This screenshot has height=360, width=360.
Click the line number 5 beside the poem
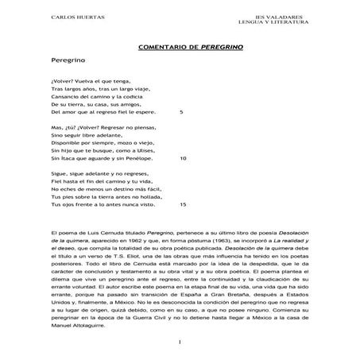click(182, 113)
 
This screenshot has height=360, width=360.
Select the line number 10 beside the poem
click(184, 158)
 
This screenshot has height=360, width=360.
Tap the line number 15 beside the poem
click(184, 204)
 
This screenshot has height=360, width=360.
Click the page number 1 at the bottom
click(180, 343)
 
